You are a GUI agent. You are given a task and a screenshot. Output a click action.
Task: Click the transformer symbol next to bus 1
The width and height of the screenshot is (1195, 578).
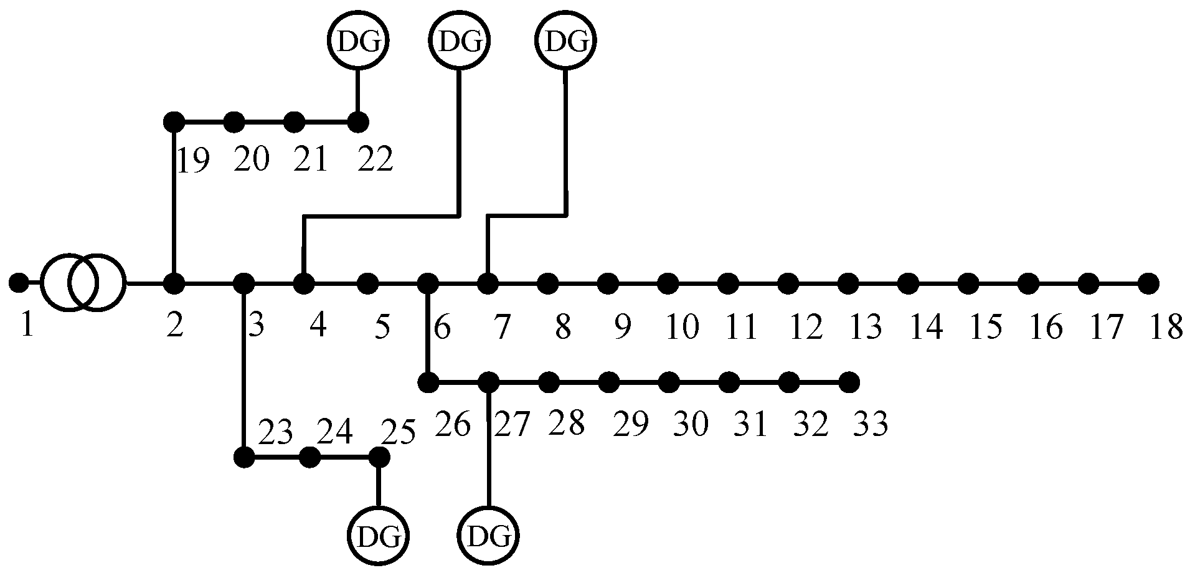(83, 283)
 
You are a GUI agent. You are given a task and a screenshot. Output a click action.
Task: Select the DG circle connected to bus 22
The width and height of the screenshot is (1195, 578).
(357, 40)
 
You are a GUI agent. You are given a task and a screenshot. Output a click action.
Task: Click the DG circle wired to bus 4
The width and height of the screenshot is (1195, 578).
(460, 40)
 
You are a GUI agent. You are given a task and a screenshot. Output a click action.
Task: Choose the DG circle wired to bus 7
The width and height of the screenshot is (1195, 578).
(565, 40)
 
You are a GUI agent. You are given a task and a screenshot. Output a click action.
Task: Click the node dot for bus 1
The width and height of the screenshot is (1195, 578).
(19, 283)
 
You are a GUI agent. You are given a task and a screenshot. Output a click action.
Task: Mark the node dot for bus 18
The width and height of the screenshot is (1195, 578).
(1148, 283)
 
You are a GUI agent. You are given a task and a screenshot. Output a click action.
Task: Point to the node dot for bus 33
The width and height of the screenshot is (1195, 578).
(848, 381)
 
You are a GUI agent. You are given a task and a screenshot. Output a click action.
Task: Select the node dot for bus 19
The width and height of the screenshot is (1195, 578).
(174, 121)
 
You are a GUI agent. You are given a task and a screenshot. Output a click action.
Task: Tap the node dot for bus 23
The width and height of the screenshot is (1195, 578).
(244, 458)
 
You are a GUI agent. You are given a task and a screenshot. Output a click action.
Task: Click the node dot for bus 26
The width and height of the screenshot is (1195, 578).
(427, 381)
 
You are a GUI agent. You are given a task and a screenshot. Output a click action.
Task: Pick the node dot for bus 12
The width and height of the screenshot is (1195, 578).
(788, 283)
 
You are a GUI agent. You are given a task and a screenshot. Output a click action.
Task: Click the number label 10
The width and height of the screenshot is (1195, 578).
(683, 326)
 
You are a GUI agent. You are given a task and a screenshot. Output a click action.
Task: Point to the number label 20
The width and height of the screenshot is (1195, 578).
(252, 161)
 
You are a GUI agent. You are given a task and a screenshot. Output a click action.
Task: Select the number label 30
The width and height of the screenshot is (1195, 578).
(691, 425)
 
